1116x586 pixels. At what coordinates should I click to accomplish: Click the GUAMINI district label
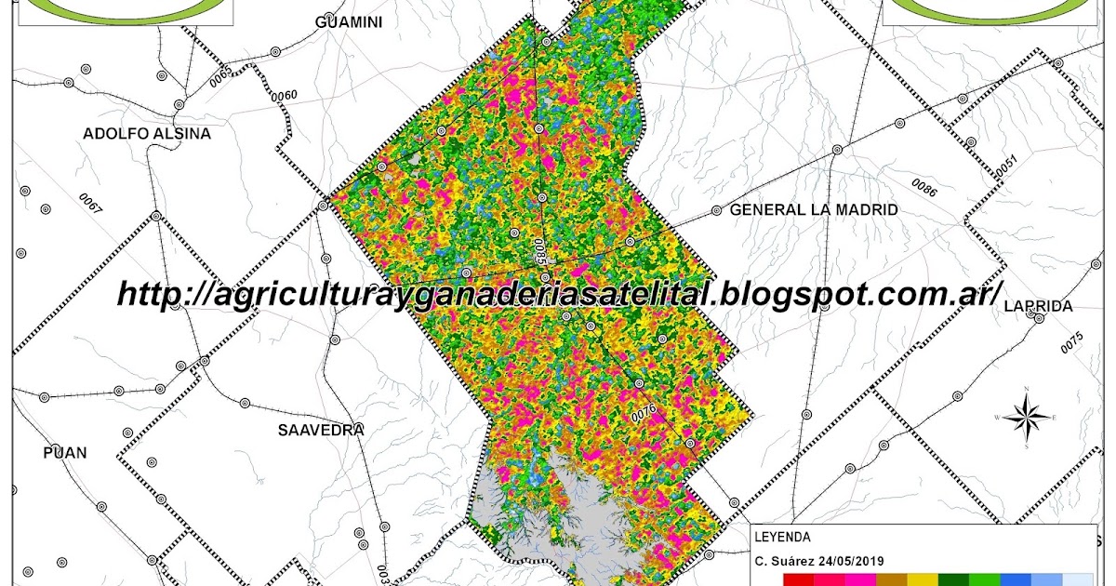pos(349,22)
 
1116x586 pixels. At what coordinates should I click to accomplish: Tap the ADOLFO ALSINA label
pos(147,134)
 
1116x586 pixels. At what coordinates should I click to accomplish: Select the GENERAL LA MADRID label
pos(814,210)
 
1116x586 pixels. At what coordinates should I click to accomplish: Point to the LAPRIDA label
pos(1039,306)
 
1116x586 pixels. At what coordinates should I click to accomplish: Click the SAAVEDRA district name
pos(321,430)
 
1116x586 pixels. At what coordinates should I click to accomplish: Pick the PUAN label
pos(65,453)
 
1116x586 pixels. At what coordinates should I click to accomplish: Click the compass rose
pos(1027,418)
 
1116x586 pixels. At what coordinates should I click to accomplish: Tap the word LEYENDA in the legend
pos(782,537)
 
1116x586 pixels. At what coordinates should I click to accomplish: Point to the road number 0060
pos(284,96)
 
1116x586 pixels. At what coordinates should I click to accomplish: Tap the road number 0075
pos(1071,342)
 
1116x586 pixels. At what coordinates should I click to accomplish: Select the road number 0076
pos(644,410)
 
